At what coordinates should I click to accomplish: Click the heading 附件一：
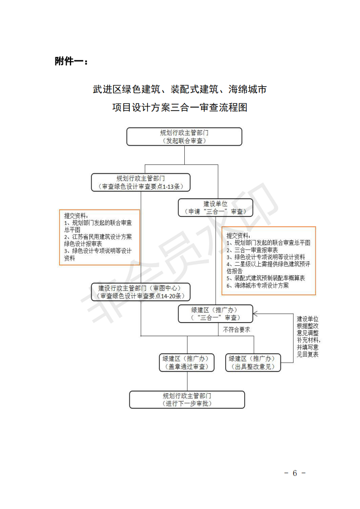point(71,61)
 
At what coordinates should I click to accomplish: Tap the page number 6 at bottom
point(295,473)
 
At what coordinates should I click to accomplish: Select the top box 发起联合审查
point(184,137)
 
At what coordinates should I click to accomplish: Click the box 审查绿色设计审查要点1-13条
point(141,182)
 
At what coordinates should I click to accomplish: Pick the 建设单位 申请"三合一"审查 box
point(216,208)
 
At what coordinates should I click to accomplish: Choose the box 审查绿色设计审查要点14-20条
point(141,292)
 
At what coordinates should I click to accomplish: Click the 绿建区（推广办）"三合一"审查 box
point(216,313)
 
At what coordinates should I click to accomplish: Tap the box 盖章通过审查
point(187,362)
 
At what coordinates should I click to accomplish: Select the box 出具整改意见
point(253,362)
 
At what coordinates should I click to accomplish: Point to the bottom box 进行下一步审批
point(187,400)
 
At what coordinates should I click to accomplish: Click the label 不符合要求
point(237,329)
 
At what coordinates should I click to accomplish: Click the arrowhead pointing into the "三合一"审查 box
point(255,313)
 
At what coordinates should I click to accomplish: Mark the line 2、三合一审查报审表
point(252,250)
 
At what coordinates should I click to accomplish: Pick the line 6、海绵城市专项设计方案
point(258,285)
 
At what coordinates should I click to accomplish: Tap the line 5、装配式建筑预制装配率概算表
point(266,278)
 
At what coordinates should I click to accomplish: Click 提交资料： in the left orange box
point(76,216)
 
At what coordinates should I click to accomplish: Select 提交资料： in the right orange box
point(238,235)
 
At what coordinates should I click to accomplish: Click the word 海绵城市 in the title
point(247,89)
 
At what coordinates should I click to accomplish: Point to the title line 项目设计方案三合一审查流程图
point(180,108)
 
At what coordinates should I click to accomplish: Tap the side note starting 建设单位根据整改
point(308,337)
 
